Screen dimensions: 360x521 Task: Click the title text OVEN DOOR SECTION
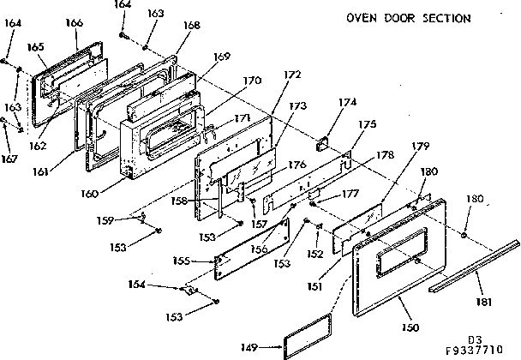click(x=408, y=18)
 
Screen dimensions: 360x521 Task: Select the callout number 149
click(x=272, y=348)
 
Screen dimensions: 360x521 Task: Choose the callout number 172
click(x=292, y=75)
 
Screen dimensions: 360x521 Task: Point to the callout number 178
click(x=384, y=155)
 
